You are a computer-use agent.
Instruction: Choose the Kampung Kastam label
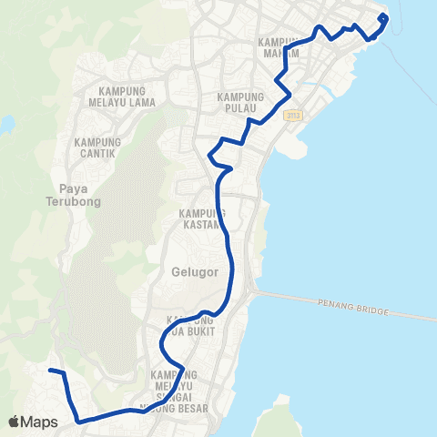tap(195, 218)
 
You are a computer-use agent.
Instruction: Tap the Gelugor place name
tap(188, 272)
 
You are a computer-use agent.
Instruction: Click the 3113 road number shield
tap(292, 116)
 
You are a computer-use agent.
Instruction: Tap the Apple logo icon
tap(14, 422)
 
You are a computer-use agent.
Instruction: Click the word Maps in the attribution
tap(39, 422)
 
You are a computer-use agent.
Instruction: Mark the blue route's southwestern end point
tap(50, 371)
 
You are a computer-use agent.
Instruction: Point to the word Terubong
tap(77, 201)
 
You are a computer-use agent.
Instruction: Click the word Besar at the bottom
tap(190, 407)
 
